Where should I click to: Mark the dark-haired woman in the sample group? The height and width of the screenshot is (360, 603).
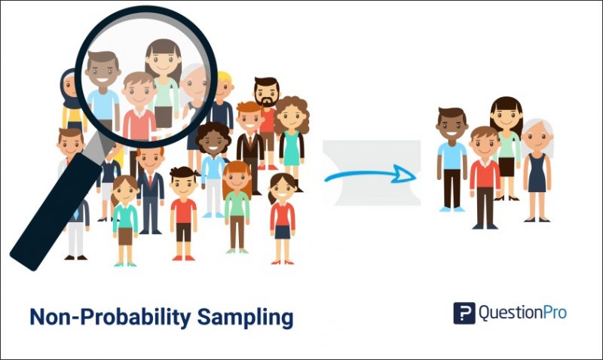[x=507, y=147]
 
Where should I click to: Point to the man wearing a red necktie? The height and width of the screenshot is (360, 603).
[x=151, y=188]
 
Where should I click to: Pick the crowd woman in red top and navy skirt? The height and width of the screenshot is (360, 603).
[x=283, y=215]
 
